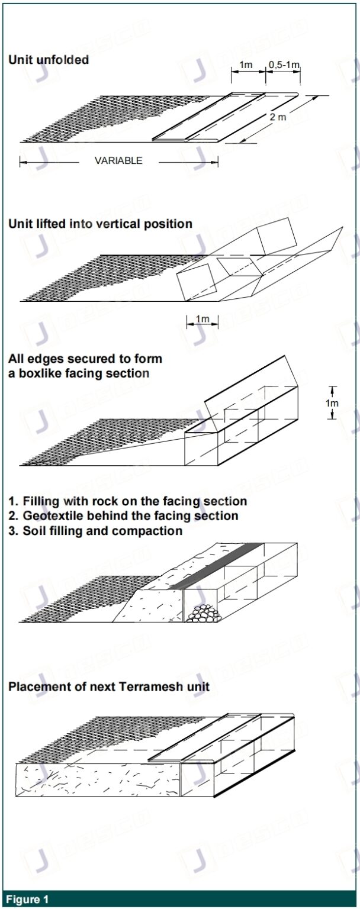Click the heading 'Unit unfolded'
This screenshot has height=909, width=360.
(49, 60)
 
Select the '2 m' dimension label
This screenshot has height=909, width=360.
(278, 117)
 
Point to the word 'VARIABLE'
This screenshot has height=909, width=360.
(118, 160)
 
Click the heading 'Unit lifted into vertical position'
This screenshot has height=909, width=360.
(100, 224)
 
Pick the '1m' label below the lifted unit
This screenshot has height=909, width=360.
(202, 320)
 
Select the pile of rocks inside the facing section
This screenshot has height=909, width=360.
(203, 613)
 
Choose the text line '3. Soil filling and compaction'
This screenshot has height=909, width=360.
(95, 531)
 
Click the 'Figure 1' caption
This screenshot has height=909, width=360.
(28, 900)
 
